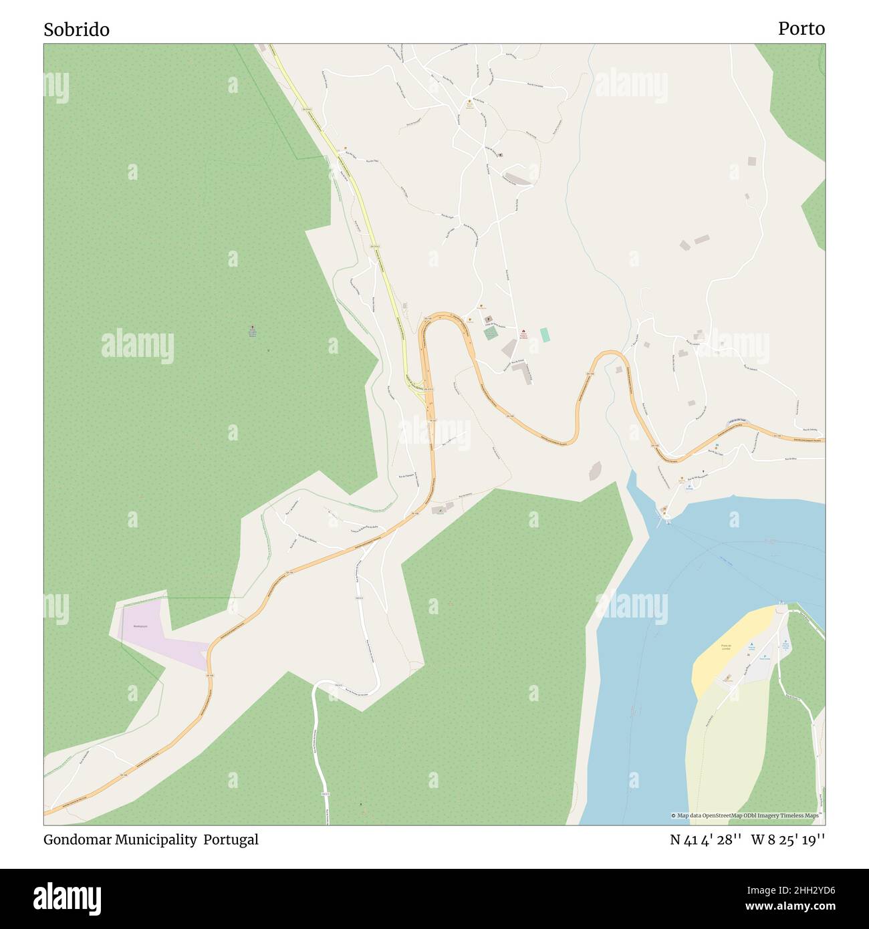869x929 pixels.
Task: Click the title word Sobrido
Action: tap(76, 29)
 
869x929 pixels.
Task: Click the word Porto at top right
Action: tap(801, 29)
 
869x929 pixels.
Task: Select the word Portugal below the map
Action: tap(231, 839)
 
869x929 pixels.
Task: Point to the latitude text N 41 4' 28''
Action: tap(705, 839)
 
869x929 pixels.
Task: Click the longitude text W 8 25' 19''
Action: tap(788, 839)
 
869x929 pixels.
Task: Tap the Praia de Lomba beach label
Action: tap(727, 646)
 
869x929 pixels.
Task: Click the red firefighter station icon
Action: tap(523, 331)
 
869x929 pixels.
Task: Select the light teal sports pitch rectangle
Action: tap(545, 335)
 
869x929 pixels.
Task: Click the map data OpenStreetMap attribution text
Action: tap(747, 815)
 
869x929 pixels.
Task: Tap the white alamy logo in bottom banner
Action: tap(67, 898)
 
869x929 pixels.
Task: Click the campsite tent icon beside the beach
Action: tap(751, 642)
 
